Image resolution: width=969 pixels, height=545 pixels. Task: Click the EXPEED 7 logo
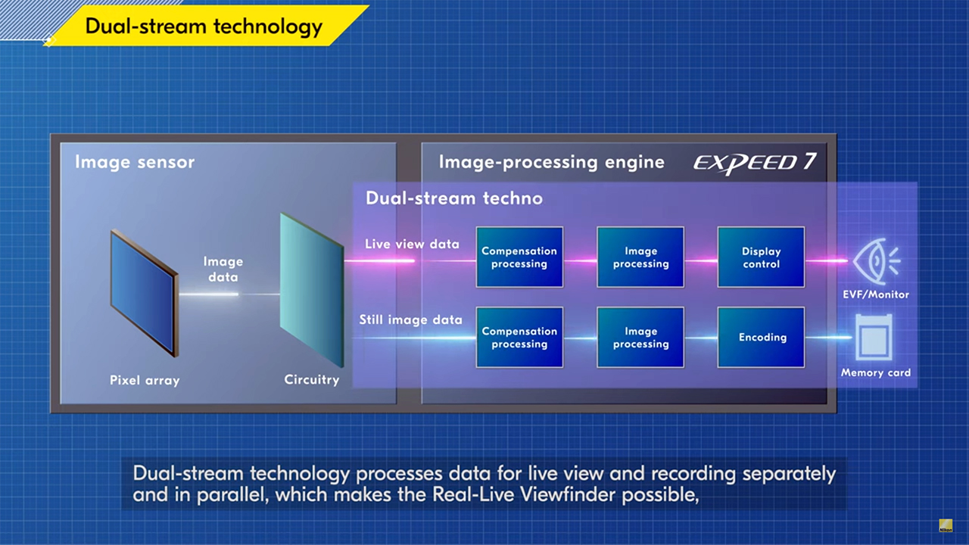pyautogui.click(x=755, y=163)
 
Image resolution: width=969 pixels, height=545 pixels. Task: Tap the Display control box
pyautogui.click(x=762, y=257)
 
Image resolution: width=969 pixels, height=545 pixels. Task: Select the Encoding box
pyautogui.click(x=762, y=338)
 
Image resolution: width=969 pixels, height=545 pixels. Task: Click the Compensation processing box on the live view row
pyautogui.click(x=519, y=257)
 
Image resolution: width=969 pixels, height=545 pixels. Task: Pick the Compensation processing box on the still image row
pyautogui.click(x=519, y=338)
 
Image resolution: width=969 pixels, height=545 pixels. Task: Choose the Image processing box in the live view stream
pyautogui.click(x=640, y=257)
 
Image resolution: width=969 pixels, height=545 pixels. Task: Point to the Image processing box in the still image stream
pyautogui.click(x=640, y=338)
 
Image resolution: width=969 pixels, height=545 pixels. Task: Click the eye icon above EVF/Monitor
pyautogui.click(x=877, y=261)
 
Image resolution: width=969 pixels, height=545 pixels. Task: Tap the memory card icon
pyautogui.click(x=874, y=338)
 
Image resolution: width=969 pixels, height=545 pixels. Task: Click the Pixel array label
pyautogui.click(x=145, y=380)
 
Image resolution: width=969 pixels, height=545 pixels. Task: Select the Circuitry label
pyautogui.click(x=311, y=379)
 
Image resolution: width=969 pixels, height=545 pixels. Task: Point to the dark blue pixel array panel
pyautogui.click(x=144, y=293)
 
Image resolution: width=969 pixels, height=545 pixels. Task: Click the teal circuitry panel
pyautogui.click(x=312, y=290)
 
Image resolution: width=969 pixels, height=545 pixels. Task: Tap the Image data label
pyautogui.click(x=223, y=269)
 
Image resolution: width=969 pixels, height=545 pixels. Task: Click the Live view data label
pyautogui.click(x=412, y=244)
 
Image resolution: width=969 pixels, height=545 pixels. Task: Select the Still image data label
pyautogui.click(x=410, y=319)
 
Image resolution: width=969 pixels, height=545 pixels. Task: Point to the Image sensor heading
pyautogui.click(x=135, y=162)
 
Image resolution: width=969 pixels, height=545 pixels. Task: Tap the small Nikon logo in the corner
pyautogui.click(x=946, y=525)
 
